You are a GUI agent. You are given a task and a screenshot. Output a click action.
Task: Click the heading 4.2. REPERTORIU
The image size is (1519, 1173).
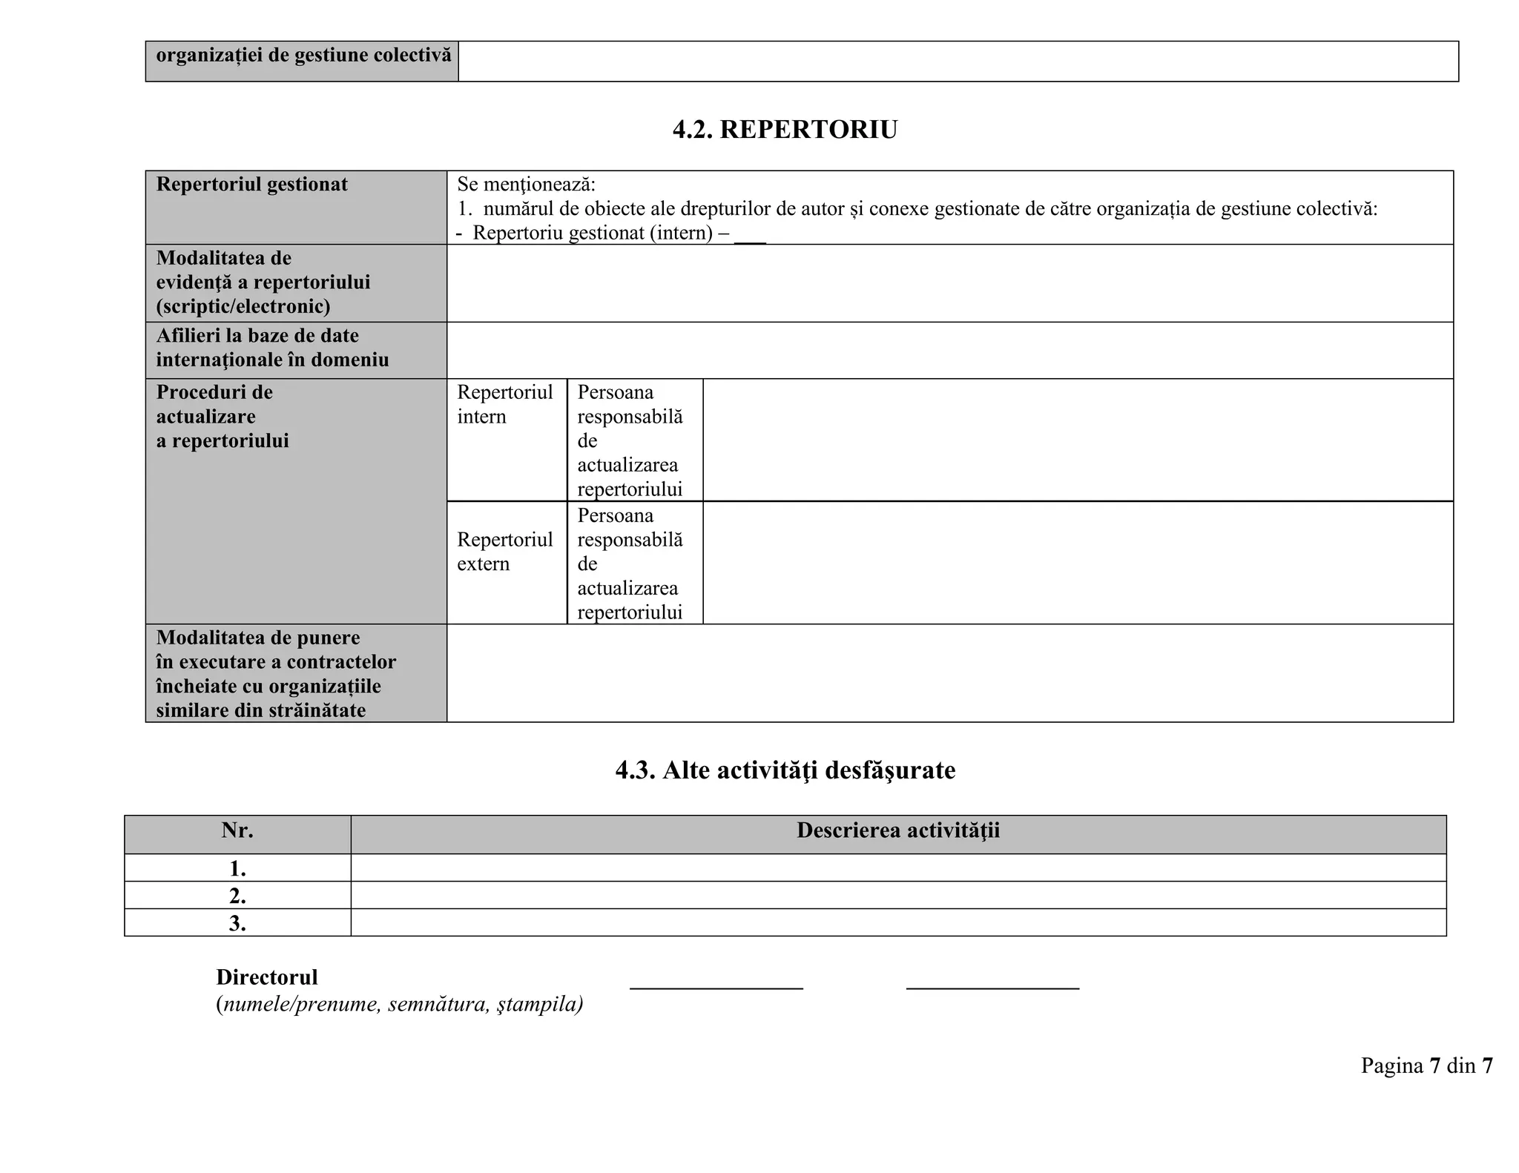[x=785, y=130]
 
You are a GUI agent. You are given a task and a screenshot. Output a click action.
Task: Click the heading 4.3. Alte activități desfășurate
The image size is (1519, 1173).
[x=785, y=770]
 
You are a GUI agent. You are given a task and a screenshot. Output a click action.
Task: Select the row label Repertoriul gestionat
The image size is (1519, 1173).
[x=251, y=185]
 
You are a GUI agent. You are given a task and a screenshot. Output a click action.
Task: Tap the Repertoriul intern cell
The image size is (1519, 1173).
[x=504, y=404]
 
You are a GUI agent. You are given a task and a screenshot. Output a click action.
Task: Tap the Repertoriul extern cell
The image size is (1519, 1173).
[x=504, y=552]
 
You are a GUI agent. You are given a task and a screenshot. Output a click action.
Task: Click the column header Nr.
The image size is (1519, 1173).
[x=237, y=830]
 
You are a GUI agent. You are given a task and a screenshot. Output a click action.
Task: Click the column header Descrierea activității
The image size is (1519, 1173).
[x=897, y=830]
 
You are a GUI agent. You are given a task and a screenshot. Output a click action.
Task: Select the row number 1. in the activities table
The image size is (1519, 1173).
[x=237, y=868]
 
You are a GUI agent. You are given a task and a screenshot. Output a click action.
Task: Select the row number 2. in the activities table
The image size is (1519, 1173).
[x=237, y=896]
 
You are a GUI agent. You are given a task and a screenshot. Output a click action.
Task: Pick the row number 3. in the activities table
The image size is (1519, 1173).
[x=237, y=923]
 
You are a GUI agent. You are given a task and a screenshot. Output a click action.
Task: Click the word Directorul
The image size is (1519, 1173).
[x=267, y=977]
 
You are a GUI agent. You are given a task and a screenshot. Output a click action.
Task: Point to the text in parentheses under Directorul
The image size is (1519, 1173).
[x=399, y=1005]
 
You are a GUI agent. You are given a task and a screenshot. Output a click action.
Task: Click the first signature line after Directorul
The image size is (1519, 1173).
[x=716, y=987]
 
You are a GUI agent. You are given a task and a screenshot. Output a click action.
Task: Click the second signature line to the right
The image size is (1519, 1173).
[x=992, y=987]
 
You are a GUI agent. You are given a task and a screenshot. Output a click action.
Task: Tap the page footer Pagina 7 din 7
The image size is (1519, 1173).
[x=1426, y=1066]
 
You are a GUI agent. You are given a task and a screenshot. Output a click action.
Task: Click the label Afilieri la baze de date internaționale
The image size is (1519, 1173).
[x=271, y=348]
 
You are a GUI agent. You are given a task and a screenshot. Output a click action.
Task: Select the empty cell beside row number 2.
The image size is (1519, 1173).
[x=897, y=896]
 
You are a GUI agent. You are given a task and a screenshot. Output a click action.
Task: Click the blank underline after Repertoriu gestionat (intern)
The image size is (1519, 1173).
[x=750, y=237]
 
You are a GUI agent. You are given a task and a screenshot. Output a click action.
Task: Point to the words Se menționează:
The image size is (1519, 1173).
[x=526, y=185]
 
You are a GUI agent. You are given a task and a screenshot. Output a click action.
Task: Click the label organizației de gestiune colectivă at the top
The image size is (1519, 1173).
[x=303, y=56]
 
